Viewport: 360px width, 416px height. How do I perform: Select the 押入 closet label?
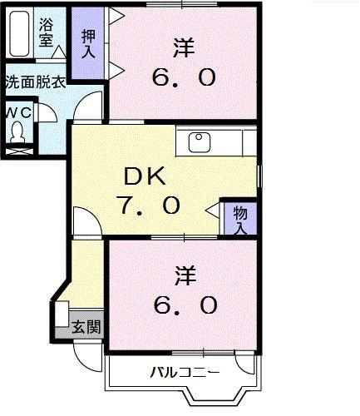click(87, 43)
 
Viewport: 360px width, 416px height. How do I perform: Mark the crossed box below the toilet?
click(18, 152)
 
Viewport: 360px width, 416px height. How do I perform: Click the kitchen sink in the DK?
click(200, 141)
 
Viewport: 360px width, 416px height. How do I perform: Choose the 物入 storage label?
click(239, 219)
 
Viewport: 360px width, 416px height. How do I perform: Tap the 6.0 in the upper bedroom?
click(185, 78)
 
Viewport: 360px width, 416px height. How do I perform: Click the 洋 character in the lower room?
click(185, 273)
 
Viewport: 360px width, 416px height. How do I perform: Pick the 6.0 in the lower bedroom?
click(185, 305)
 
